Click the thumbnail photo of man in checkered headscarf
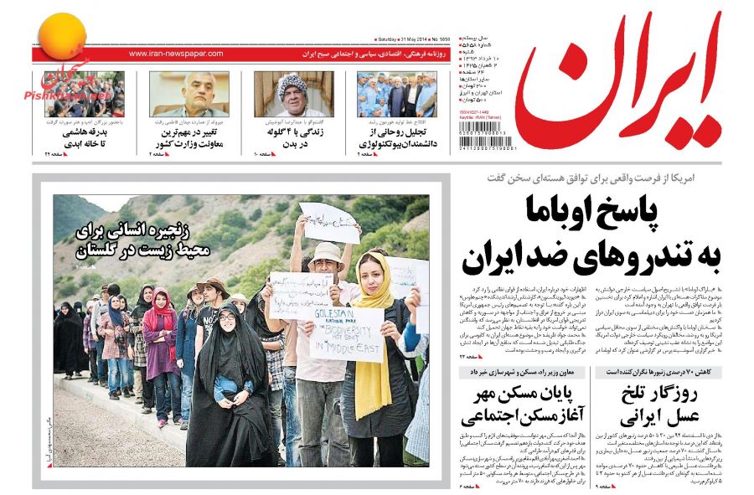tap(293, 94)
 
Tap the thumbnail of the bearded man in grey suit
tap(189, 94)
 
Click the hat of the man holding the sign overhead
tap(326, 251)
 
